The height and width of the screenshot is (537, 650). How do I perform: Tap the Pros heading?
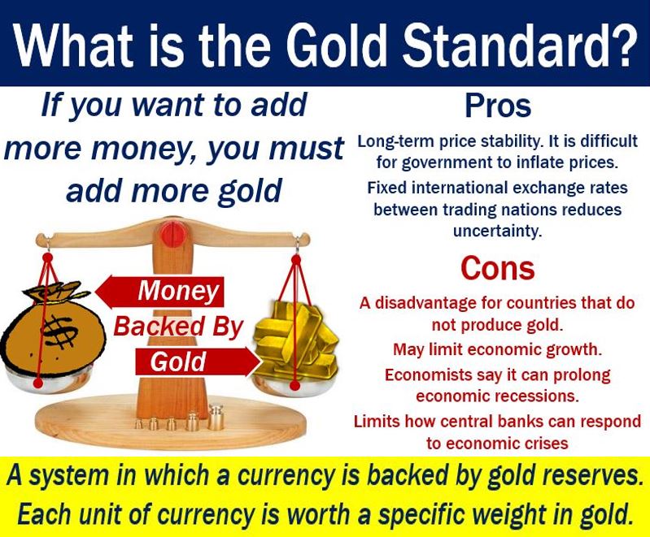(x=498, y=106)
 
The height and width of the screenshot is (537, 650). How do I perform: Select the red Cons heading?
(x=497, y=268)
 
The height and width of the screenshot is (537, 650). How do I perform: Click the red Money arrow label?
(x=160, y=292)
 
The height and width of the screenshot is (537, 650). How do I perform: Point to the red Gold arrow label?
(x=198, y=361)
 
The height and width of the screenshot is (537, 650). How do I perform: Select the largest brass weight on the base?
(x=216, y=417)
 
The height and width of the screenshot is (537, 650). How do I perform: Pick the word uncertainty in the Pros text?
(x=497, y=231)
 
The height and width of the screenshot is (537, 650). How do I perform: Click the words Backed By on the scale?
(x=177, y=327)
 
